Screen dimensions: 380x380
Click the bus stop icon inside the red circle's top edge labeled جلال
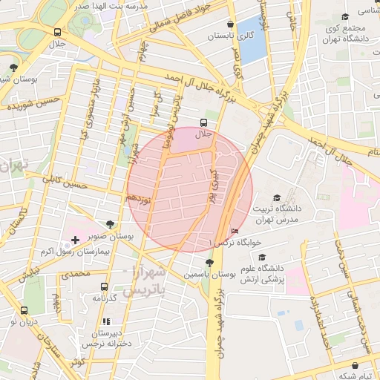coord(203,122)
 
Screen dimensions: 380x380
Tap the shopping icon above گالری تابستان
coord(232,24)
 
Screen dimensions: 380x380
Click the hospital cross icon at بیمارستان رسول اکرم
coord(75,240)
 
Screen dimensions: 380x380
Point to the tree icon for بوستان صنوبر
coord(111,223)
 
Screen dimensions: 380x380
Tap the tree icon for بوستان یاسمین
coord(210,261)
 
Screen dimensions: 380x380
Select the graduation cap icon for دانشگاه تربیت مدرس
coord(277,198)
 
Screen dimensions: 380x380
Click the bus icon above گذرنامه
coord(103,286)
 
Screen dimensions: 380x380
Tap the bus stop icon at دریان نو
coord(24,310)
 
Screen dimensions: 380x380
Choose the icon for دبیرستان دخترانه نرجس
coord(107,321)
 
